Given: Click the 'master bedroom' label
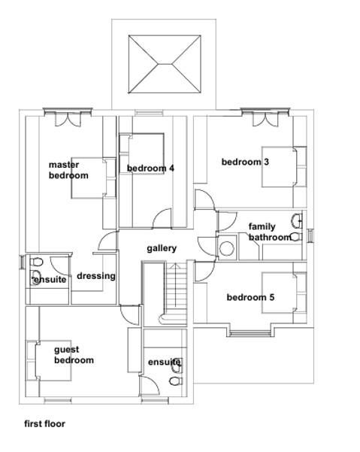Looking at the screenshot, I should pyautogui.click(x=68, y=170).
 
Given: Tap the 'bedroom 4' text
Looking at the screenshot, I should pyautogui.click(x=150, y=168).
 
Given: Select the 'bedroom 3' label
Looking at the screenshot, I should pyautogui.click(x=245, y=161).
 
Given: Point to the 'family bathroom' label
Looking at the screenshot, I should pyautogui.click(x=268, y=232).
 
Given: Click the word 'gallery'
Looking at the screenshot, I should pyautogui.click(x=162, y=248).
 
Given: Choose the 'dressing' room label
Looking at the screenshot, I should pyautogui.click(x=96, y=275).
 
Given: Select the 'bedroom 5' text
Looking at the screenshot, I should pyautogui.click(x=250, y=298).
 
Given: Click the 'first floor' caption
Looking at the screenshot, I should pyautogui.click(x=44, y=423).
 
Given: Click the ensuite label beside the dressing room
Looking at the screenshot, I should pyautogui.click(x=50, y=280).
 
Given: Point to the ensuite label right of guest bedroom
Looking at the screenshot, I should pyautogui.click(x=164, y=363).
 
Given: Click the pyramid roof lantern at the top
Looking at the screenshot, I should pyautogui.click(x=165, y=65).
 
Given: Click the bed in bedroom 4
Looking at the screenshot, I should pyautogui.click(x=142, y=154).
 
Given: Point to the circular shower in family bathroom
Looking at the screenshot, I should pyautogui.click(x=226, y=249).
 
